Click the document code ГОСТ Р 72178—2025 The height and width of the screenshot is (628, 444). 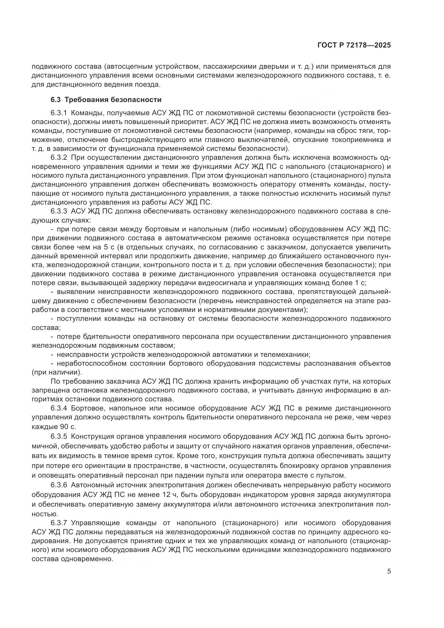(354, 45)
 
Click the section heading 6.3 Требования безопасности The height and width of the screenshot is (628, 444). (106, 100)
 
